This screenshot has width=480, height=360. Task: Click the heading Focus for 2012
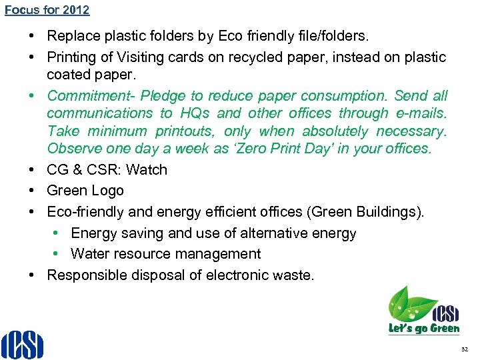[47, 10]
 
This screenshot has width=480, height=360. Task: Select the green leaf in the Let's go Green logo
[408, 303]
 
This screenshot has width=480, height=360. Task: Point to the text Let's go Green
[424, 328]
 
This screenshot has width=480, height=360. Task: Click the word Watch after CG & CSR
[147, 170]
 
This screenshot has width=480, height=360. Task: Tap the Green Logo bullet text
[85, 191]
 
